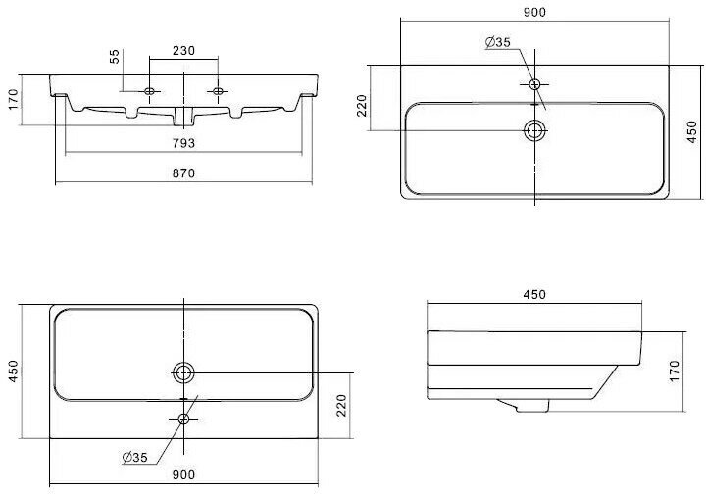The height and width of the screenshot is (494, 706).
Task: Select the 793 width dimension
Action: [182, 144]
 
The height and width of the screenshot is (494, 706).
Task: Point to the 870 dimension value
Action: [184, 173]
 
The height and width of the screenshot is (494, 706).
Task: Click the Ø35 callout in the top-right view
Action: [498, 42]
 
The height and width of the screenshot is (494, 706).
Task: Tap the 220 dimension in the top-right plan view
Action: [361, 107]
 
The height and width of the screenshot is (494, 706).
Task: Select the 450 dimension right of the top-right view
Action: [691, 129]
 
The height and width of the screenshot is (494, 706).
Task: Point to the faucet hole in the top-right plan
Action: [534, 84]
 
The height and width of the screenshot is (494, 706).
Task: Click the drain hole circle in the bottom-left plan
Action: [183, 371]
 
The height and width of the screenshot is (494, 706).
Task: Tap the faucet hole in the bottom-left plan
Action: [183, 419]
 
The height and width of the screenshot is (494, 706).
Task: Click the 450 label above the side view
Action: [535, 294]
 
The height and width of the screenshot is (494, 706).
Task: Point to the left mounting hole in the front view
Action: [149, 91]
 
